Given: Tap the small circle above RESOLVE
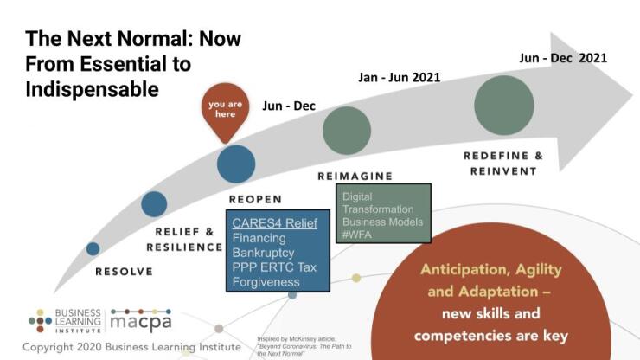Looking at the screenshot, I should click(93, 248).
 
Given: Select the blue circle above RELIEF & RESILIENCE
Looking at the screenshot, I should click(154, 203).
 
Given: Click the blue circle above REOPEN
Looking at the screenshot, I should click(236, 164).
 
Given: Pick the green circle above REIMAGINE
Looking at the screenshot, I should click(347, 131).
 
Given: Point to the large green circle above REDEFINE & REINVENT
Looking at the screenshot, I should click(504, 106).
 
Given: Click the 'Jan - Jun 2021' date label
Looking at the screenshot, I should click(399, 77).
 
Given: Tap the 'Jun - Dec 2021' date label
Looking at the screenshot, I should click(562, 58).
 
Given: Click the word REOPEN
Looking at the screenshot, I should click(255, 200).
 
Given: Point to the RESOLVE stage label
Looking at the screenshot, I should click(124, 272).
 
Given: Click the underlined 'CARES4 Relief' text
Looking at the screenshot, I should click(274, 223).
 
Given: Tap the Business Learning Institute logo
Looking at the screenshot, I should click(65, 320).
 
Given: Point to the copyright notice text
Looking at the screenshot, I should click(131, 346).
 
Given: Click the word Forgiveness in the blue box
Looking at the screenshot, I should click(266, 281).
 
